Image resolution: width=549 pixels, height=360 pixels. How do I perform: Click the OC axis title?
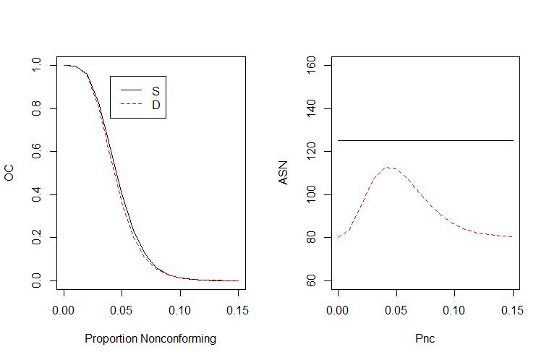tap(9, 173)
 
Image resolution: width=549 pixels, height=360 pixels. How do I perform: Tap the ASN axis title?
tap(284, 173)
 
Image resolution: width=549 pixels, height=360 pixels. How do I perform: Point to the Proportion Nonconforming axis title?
tap(150, 338)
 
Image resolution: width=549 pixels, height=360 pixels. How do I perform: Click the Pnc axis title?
tap(425, 338)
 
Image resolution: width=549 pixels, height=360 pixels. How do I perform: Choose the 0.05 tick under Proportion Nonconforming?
tap(122, 311)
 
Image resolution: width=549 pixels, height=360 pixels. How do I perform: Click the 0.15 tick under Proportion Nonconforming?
tap(237, 311)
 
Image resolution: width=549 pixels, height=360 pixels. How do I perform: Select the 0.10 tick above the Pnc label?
tap(454, 311)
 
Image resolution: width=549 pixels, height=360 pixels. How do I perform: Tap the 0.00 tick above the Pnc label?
tap(338, 311)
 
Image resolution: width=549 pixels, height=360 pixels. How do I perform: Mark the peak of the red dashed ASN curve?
tap(389, 167)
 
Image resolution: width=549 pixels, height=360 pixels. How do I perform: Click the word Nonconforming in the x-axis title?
tap(176, 338)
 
